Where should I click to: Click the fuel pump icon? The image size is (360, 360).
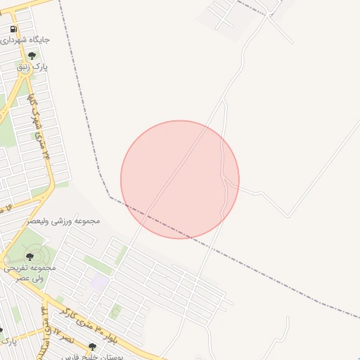pyautogui.click(x=14, y=29)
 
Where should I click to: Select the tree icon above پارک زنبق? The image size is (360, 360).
pyautogui.click(x=31, y=56)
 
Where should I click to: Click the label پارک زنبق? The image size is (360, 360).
pyautogui.click(x=32, y=67)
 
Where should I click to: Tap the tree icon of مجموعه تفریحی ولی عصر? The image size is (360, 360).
pyautogui.click(x=29, y=257)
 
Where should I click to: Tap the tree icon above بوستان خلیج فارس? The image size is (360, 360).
pyautogui.click(x=91, y=346)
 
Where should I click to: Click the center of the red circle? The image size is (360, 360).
pyautogui.click(x=180, y=179)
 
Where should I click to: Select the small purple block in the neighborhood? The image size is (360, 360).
pyautogui.click(x=100, y=281)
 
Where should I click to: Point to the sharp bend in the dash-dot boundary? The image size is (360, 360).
pyautogui.click(x=109, y=196)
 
